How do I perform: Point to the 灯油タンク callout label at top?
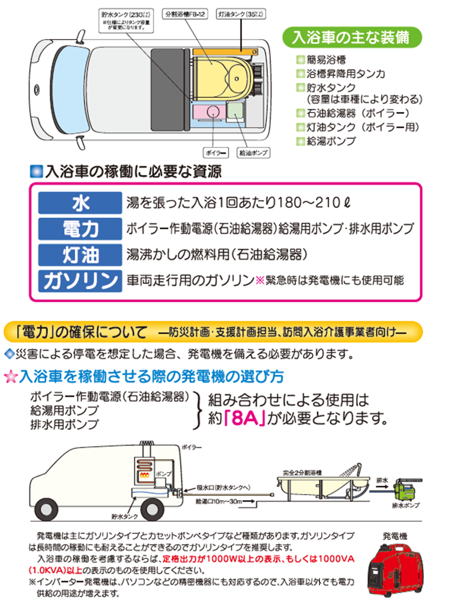238,12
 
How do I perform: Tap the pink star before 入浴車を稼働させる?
11,376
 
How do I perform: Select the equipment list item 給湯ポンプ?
332,140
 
